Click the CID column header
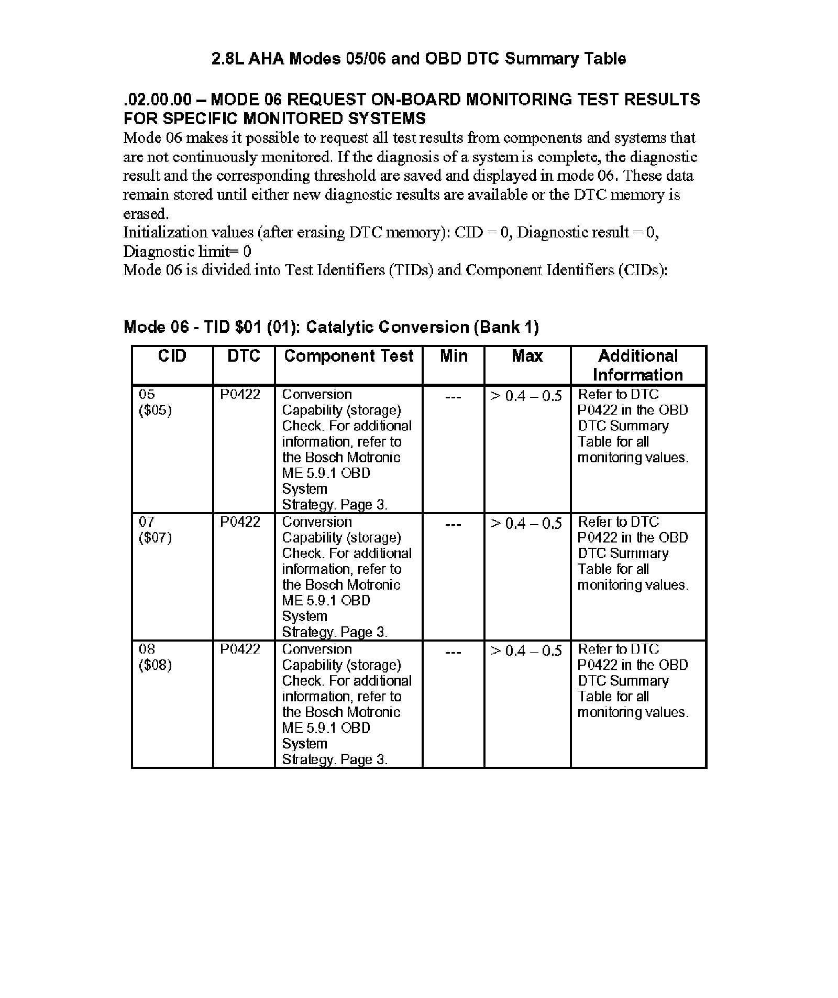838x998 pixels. [172, 356]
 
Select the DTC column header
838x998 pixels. [244, 356]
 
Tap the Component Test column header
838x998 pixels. [348, 356]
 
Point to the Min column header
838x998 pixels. [454, 356]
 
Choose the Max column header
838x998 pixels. [527, 356]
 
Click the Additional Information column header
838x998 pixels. [638, 365]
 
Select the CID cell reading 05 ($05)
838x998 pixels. [155, 402]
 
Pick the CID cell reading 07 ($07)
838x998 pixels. [155, 529]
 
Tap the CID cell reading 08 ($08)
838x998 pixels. [155, 657]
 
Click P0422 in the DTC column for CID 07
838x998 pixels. [240, 522]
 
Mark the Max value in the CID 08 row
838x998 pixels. [526, 650]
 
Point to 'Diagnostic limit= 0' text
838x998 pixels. [187, 252]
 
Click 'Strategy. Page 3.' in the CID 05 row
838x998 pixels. [335, 505]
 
